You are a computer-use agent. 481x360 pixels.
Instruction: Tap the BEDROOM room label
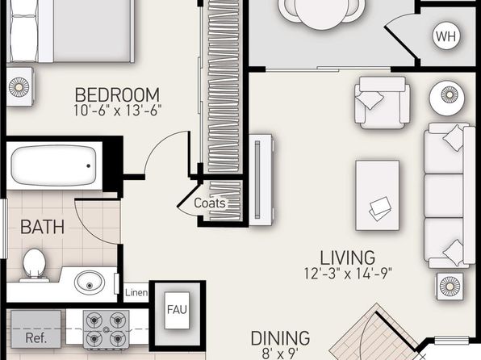coord(117,94)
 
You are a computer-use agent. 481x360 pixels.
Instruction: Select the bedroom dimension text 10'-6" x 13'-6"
coord(117,111)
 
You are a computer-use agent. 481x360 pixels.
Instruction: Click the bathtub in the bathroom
coord(54,165)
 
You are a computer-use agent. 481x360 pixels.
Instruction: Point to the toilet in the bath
coord(34,266)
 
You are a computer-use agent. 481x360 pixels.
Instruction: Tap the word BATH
coord(42,227)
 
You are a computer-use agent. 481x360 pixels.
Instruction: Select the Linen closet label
coord(136,292)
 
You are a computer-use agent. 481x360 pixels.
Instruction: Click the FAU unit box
coord(177,311)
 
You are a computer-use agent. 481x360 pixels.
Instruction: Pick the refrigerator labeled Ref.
coord(36,329)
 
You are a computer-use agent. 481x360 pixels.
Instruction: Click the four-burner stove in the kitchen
coord(107,330)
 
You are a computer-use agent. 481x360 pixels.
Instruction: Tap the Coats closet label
coord(210,203)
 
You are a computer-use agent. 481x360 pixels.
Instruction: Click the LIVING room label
coord(347,257)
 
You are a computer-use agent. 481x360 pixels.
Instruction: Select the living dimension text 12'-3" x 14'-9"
coord(348,273)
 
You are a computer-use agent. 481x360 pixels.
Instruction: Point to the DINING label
coord(280,338)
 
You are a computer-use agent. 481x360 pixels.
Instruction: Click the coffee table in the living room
coord(378,195)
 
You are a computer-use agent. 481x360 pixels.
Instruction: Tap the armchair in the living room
coord(383,103)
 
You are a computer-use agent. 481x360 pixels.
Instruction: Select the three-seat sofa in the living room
coord(449,195)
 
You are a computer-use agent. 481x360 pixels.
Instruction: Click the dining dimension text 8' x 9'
coord(280,353)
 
